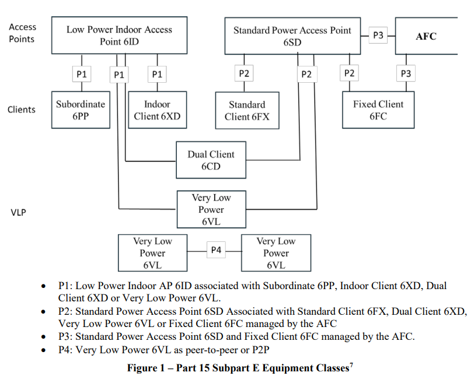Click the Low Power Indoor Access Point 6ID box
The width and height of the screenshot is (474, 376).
coord(119,36)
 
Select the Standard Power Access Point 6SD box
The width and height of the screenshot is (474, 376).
coord(292,36)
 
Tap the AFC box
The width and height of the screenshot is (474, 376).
coord(426,36)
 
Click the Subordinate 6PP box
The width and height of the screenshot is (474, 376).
coord(81,110)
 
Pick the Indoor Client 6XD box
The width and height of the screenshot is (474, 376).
coord(157,110)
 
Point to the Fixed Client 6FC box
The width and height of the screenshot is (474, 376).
coord(378,110)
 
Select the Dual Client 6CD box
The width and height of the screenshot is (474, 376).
coord(211,160)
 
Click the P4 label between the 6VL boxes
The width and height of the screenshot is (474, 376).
coord(216,250)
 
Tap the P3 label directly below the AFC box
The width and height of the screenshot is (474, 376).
coord(406,73)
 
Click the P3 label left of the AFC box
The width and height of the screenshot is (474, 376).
coord(378,36)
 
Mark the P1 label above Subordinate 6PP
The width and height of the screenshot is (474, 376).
coord(82,74)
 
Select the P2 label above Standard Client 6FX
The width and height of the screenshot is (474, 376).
coord(244,73)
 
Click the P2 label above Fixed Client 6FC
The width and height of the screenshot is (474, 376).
coord(349,73)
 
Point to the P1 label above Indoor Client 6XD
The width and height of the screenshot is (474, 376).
coord(157,74)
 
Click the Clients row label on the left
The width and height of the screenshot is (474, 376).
coord(22,110)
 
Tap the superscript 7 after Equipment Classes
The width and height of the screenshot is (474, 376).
coord(351,365)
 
